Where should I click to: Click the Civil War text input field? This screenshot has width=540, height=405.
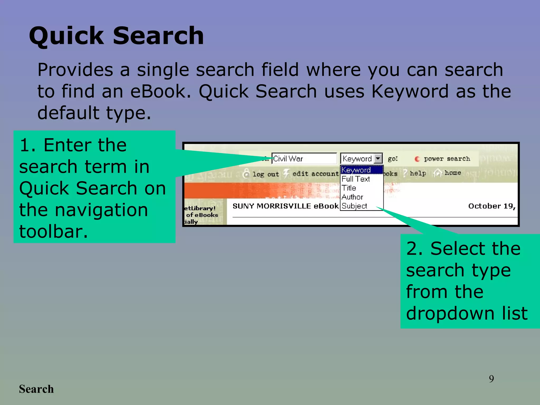click(x=304, y=159)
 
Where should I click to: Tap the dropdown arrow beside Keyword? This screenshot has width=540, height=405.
click(x=378, y=159)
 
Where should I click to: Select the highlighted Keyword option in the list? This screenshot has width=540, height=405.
click(x=361, y=170)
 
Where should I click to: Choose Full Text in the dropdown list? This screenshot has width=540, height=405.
click(x=356, y=179)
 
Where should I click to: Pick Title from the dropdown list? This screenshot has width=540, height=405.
click(x=349, y=188)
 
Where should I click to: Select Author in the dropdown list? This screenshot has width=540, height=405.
click(x=352, y=197)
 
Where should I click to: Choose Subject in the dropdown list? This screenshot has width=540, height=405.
click(x=354, y=206)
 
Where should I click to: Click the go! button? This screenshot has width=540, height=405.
click(x=392, y=159)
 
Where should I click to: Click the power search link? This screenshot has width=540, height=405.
click(x=447, y=159)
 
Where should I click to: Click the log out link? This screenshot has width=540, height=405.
click(x=266, y=174)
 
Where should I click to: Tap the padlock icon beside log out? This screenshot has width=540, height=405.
click(x=246, y=173)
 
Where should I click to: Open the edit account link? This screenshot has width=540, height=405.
click(x=315, y=174)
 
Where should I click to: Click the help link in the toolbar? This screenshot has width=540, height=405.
click(x=418, y=173)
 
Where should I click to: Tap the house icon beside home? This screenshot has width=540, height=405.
click(x=438, y=173)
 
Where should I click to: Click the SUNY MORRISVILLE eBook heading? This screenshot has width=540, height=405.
click(x=285, y=206)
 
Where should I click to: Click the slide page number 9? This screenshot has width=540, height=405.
click(x=491, y=379)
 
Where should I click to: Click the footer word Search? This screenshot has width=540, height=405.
click(x=36, y=389)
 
